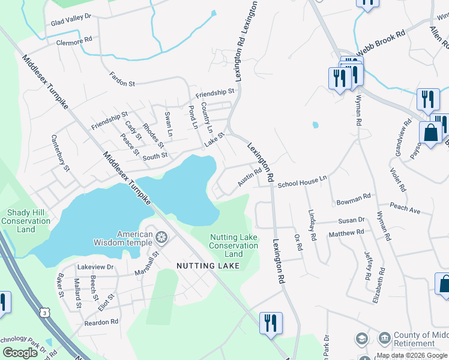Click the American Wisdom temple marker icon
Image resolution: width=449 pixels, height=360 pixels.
pos(161,238)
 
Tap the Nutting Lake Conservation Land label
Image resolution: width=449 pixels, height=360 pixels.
pos(234,245)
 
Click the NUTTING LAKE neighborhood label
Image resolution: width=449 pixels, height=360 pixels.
pos(208,265)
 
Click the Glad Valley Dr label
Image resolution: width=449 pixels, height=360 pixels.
pos(70,21)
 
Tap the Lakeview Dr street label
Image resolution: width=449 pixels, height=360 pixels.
pos(95,266)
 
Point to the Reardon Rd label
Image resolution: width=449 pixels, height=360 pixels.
pos(101,322)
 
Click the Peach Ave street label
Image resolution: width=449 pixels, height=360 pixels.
pos(405,209)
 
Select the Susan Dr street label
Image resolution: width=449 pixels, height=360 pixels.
pos(352,220)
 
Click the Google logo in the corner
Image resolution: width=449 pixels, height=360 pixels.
pos(20,353)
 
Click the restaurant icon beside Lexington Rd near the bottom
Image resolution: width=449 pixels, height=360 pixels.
pos(271,322)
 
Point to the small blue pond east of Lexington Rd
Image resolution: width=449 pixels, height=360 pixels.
pos(315,125)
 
